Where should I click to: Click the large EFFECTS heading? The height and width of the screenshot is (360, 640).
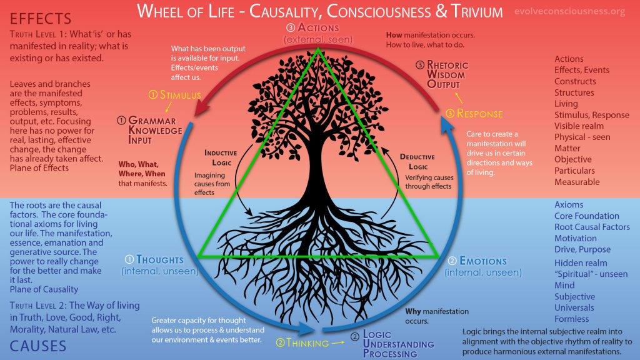click(x=41, y=17)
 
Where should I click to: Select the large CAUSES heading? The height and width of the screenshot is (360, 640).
click(x=38, y=345)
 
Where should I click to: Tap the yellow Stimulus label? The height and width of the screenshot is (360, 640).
click(x=174, y=95)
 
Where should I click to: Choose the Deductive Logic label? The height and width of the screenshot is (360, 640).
click(x=417, y=161)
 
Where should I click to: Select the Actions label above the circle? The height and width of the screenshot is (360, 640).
click(x=318, y=27)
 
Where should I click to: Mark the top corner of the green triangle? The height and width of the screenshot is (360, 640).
click(x=319, y=51)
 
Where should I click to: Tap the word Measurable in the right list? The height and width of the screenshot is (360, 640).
click(x=576, y=182)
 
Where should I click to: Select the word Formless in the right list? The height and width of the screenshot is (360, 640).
click(x=571, y=319)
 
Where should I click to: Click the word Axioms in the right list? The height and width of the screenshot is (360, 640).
click(x=569, y=204)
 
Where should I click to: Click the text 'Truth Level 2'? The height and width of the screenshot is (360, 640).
click(x=42, y=306)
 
